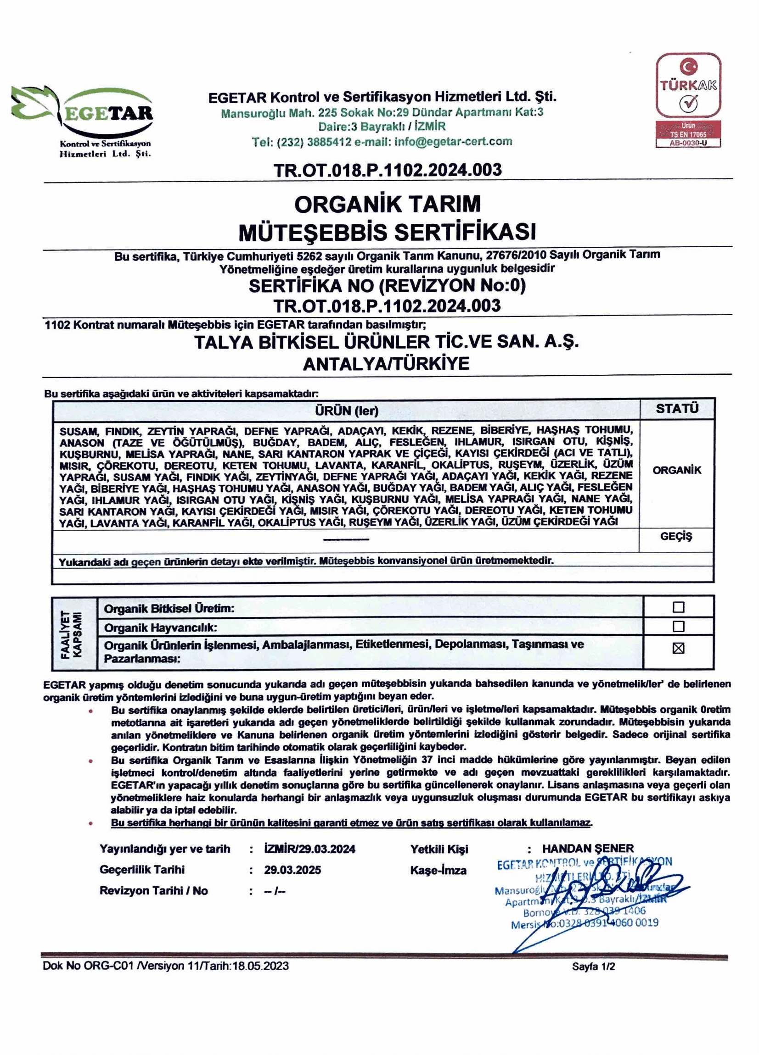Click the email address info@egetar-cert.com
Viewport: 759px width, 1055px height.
[453, 141]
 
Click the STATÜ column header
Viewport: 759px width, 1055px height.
[677, 408]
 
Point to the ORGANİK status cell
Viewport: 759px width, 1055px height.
[677, 470]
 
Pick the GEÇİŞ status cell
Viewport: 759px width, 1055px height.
[676, 536]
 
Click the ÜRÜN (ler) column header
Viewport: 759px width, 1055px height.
[346, 410]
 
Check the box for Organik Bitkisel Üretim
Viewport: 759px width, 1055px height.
[679, 607]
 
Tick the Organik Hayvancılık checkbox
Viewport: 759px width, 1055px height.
[679, 627]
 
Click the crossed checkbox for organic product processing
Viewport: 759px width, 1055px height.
[679, 648]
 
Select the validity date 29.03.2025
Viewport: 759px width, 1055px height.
[292, 870]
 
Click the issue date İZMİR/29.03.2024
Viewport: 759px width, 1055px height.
[309, 849]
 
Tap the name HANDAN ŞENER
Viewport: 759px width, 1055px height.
[588, 849]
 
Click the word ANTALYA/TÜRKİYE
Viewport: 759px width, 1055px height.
[386, 364]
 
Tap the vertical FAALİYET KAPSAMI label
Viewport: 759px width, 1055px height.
[71, 634]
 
